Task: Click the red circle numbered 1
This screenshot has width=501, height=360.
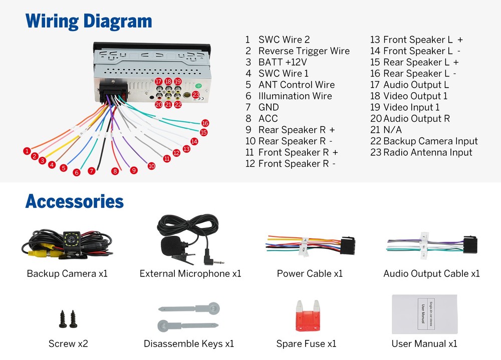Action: (27, 150)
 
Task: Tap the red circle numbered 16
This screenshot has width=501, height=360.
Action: (205, 123)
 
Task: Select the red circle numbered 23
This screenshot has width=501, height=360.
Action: (196, 94)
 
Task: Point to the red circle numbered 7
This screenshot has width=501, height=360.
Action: (91, 171)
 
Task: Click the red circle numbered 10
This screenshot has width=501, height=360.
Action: (151, 166)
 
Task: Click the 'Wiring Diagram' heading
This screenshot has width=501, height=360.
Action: (89, 22)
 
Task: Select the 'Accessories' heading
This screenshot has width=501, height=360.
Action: (74, 202)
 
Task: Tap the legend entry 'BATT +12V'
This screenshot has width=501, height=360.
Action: (282, 62)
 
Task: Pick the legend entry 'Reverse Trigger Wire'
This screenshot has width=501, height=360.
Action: (304, 51)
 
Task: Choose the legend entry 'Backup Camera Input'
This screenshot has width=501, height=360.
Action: (430, 141)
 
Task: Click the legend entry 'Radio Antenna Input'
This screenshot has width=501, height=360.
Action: (427, 152)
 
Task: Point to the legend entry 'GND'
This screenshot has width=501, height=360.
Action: (269, 107)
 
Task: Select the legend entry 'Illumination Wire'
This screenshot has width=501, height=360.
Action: (295, 96)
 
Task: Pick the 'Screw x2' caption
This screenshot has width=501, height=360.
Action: (68, 343)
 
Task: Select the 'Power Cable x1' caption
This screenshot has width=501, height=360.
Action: (310, 273)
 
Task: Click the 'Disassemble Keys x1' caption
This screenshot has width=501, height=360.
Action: (189, 343)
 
